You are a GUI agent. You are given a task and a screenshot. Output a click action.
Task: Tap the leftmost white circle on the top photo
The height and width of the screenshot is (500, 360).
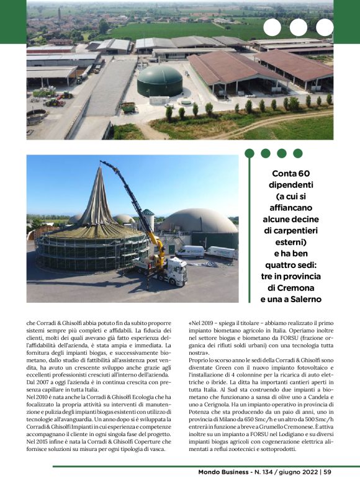point(272,27)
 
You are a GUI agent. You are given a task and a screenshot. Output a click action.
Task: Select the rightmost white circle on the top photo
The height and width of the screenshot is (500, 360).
point(325,27)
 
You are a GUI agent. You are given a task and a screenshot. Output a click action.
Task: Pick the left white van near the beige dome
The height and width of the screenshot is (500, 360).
point(191,251)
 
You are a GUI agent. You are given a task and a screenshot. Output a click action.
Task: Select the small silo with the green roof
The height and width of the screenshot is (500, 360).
point(148,220)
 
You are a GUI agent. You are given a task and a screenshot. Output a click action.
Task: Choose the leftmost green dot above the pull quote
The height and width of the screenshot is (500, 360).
point(251,153)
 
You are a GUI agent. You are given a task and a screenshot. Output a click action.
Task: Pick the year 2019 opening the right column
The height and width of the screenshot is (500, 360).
point(205,324)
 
